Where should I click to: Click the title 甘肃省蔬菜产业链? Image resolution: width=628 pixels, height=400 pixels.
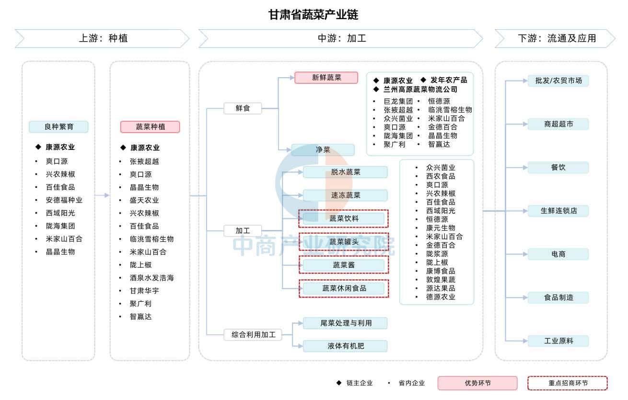[313, 15]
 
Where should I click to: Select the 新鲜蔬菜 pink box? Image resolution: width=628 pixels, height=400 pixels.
[326, 78]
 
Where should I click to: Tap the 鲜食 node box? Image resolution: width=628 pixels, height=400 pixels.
[243, 108]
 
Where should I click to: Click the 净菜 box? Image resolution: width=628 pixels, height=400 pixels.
[323, 150]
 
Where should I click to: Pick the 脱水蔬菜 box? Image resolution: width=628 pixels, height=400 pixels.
[345, 172]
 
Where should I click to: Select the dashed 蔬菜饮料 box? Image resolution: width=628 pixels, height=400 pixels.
[344, 218]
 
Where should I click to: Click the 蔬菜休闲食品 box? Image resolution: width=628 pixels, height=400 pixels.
[344, 288]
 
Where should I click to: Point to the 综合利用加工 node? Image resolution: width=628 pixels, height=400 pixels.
[253, 335]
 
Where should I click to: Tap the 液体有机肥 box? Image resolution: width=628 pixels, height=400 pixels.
[345, 346]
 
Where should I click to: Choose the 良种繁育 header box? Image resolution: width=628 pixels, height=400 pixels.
[58, 127]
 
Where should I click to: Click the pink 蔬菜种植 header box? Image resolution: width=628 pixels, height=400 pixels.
[150, 127]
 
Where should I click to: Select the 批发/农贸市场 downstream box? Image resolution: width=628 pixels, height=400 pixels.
[558, 80]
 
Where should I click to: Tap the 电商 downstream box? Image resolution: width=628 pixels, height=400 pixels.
[558, 254]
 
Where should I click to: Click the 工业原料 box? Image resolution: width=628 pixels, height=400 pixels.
[558, 341]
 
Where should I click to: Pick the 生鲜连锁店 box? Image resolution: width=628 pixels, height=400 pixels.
[558, 211]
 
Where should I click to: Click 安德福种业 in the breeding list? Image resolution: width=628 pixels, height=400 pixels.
[64, 200]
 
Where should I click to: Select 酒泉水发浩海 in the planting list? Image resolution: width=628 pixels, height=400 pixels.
[151, 278]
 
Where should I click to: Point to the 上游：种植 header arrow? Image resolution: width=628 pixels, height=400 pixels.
[103, 38]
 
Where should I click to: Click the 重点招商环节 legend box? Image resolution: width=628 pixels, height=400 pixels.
[568, 383]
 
